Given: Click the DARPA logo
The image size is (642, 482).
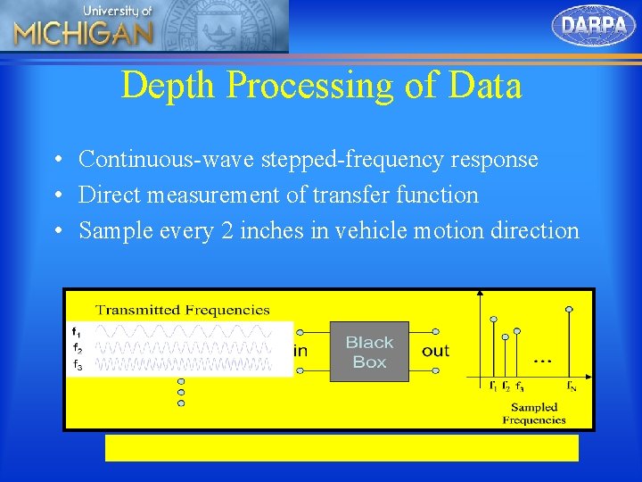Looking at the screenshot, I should [x=594, y=24].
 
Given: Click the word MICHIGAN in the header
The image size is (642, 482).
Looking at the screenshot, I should [x=83, y=34].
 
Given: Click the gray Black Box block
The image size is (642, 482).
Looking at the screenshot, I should [x=369, y=352].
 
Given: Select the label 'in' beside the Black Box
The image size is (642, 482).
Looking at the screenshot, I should [x=300, y=351].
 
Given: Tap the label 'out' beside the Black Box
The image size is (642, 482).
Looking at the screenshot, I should [x=436, y=351].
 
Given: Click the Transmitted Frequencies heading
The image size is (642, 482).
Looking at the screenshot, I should [x=182, y=310].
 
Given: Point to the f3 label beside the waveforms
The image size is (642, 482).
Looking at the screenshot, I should [x=78, y=365].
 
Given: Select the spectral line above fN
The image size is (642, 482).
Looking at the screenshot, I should [x=570, y=344].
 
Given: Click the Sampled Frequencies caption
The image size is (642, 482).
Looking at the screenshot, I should [x=534, y=413].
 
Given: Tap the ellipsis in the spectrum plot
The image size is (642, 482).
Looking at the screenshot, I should [x=540, y=360].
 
